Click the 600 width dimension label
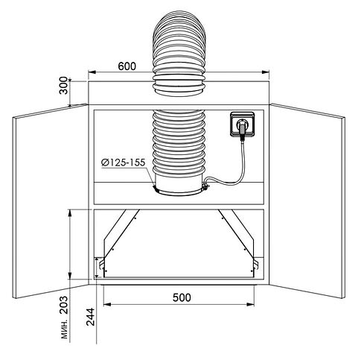tap(127, 66)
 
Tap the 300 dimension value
tap(64, 86)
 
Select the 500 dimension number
tap(182, 297)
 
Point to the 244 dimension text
tap(91, 317)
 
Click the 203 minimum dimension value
tap(64, 305)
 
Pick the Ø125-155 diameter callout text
tap(123, 162)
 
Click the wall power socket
tap(243, 124)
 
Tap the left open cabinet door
tap(51, 201)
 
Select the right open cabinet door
tap(307, 201)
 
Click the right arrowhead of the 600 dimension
tap(266, 72)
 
